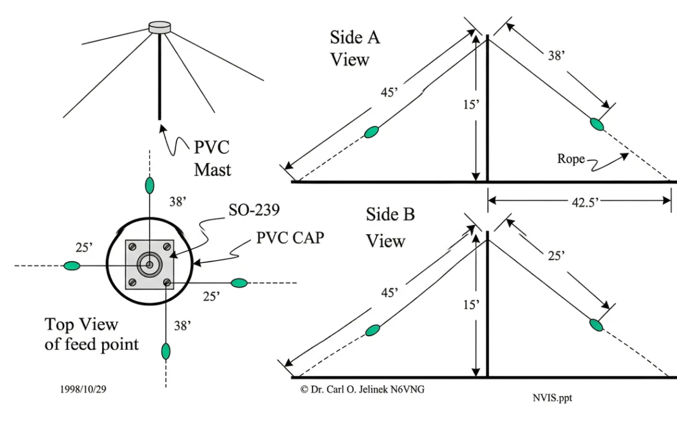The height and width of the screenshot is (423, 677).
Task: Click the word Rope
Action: point(571,158)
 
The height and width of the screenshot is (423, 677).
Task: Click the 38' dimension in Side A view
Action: point(558,56)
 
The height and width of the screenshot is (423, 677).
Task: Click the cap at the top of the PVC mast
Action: point(159,27)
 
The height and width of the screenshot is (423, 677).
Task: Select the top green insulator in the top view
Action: point(150,184)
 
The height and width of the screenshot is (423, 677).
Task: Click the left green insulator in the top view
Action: point(72,266)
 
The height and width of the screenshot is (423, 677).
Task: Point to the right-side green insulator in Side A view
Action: point(596,124)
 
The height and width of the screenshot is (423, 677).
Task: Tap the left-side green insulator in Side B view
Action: point(372,330)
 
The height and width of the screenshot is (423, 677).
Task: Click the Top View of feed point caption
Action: point(91,334)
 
